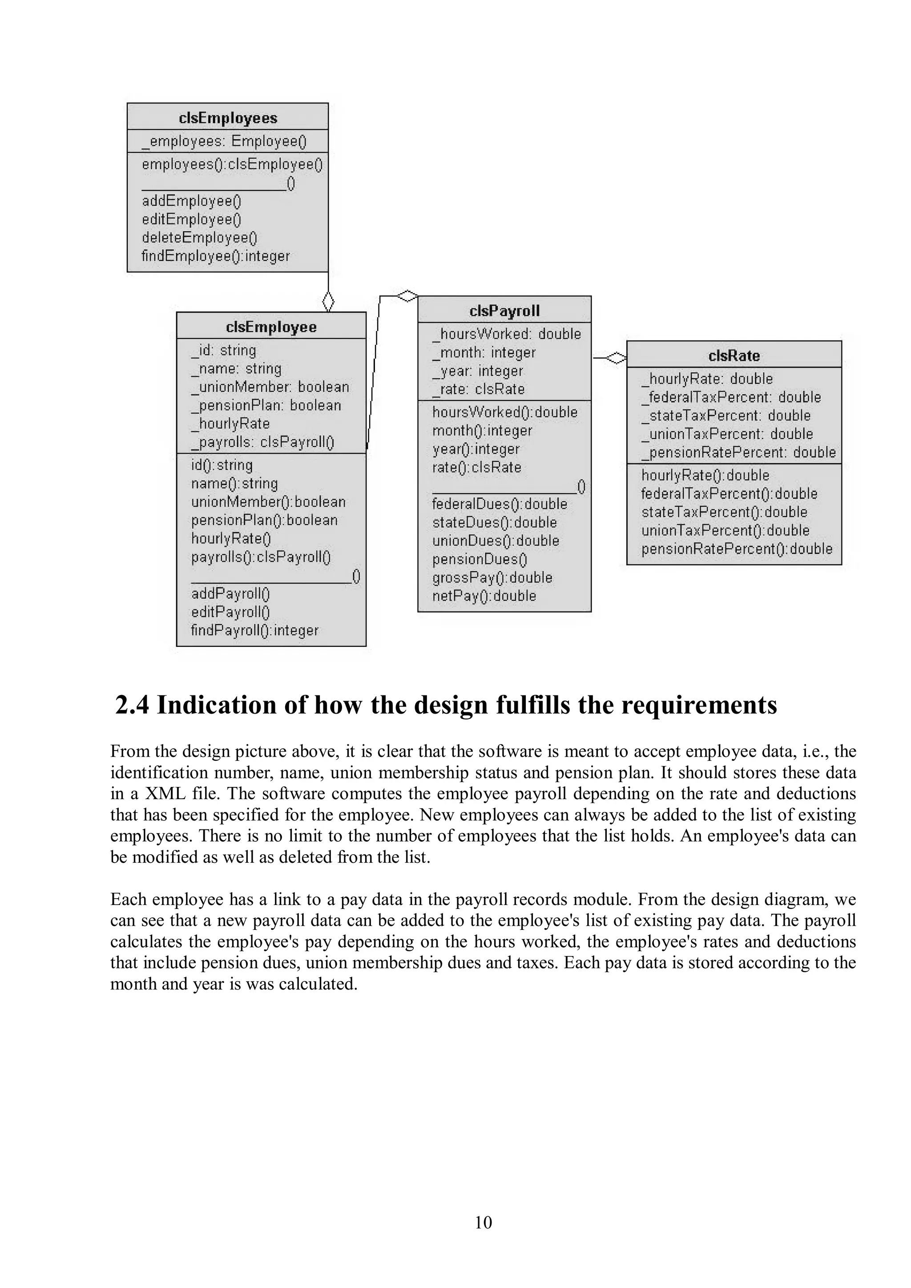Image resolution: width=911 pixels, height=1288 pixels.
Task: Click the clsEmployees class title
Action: (x=228, y=118)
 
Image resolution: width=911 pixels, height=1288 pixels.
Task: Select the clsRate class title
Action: (x=734, y=355)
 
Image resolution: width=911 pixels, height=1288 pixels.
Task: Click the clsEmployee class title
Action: (x=271, y=327)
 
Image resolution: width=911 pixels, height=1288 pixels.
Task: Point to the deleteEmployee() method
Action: (x=199, y=238)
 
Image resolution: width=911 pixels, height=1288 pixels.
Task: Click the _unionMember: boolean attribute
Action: (x=270, y=387)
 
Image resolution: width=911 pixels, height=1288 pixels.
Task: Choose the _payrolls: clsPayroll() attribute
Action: (x=262, y=443)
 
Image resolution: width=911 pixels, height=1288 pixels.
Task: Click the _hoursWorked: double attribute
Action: (x=507, y=334)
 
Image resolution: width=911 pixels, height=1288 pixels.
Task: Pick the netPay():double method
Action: (x=484, y=596)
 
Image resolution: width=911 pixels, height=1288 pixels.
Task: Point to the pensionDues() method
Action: (x=480, y=559)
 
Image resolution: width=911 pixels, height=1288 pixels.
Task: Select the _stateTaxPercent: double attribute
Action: (x=726, y=416)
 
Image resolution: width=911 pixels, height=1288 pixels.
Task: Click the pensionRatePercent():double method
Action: (x=737, y=549)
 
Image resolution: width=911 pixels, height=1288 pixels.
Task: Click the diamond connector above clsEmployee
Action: (x=328, y=301)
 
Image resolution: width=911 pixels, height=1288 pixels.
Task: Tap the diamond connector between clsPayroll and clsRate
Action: (x=617, y=357)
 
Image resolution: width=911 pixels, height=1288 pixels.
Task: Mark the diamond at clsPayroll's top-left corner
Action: (x=407, y=295)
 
